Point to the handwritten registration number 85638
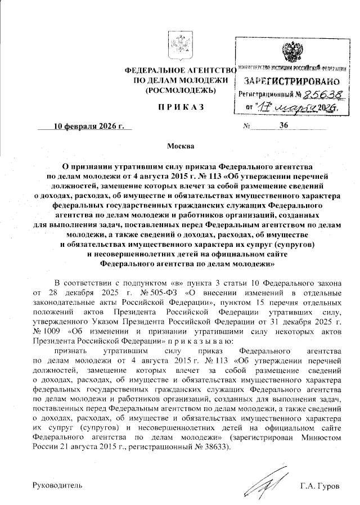pyautogui.click(x=321, y=94)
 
